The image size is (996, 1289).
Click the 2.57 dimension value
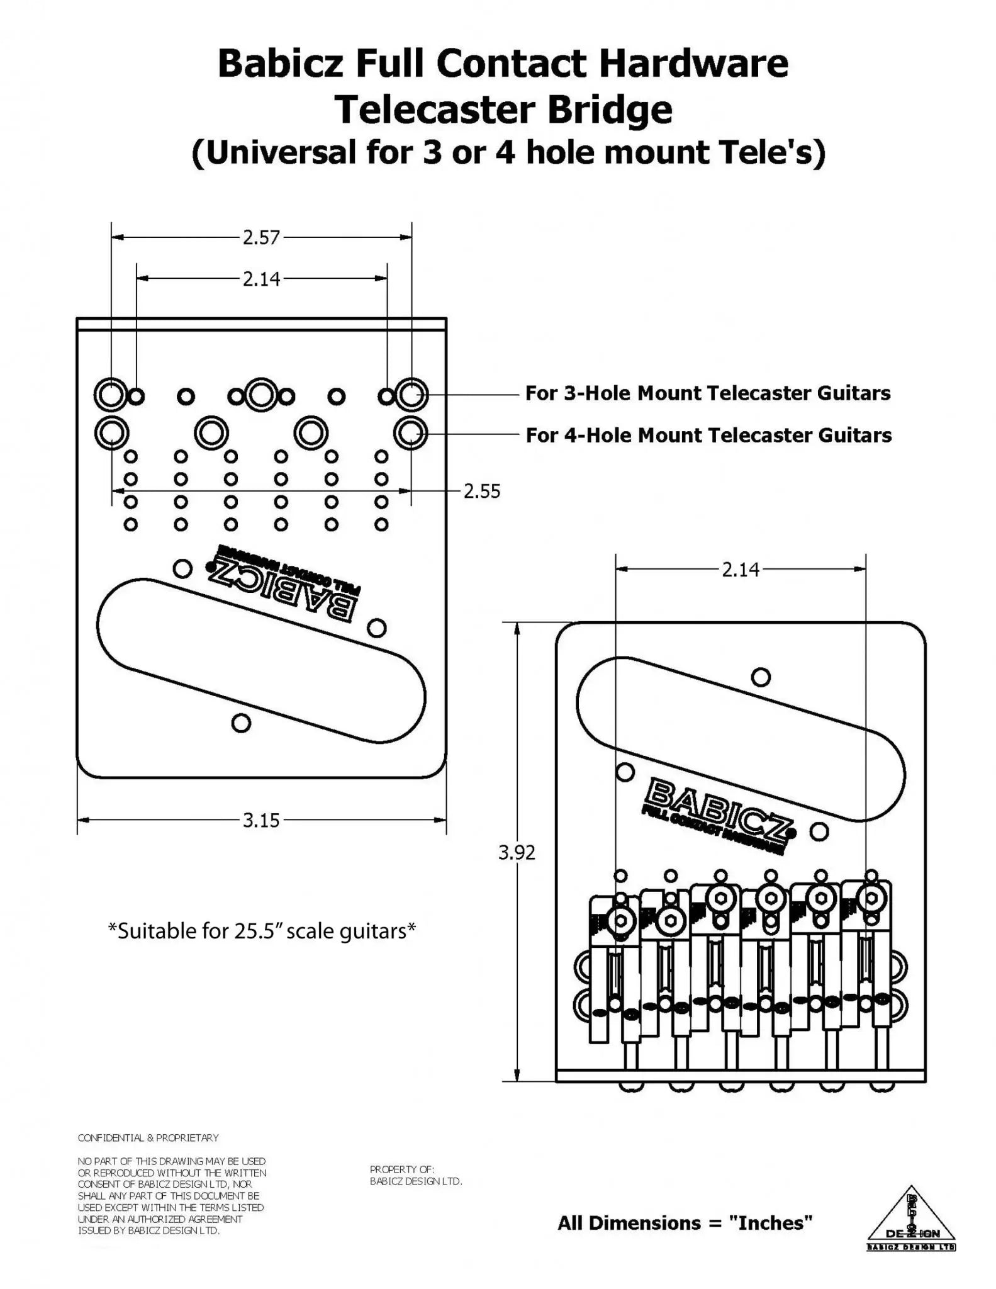(x=261, y=238)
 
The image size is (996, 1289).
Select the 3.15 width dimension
(x=261, y=820)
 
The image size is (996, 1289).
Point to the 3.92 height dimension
(x=517, y=852)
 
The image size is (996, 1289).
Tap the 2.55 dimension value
(x=482, y=492)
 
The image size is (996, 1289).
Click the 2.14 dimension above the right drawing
(x=741, y=570)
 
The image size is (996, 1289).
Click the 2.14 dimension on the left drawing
(x=261, y=279)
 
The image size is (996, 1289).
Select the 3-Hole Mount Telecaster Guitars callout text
(x=708, y=393)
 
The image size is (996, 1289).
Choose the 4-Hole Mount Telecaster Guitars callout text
(x=708, y=436)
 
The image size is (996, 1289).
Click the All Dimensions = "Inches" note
(x=685, y=1223)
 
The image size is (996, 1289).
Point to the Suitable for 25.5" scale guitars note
(x=262, y=930)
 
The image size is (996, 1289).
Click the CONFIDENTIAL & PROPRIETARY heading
(x=148, y=1138)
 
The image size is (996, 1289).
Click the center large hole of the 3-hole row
(x=261, y=395)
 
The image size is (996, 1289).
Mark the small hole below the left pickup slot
(x=241, y=723)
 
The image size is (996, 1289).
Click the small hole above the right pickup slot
(x=761, y=677)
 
